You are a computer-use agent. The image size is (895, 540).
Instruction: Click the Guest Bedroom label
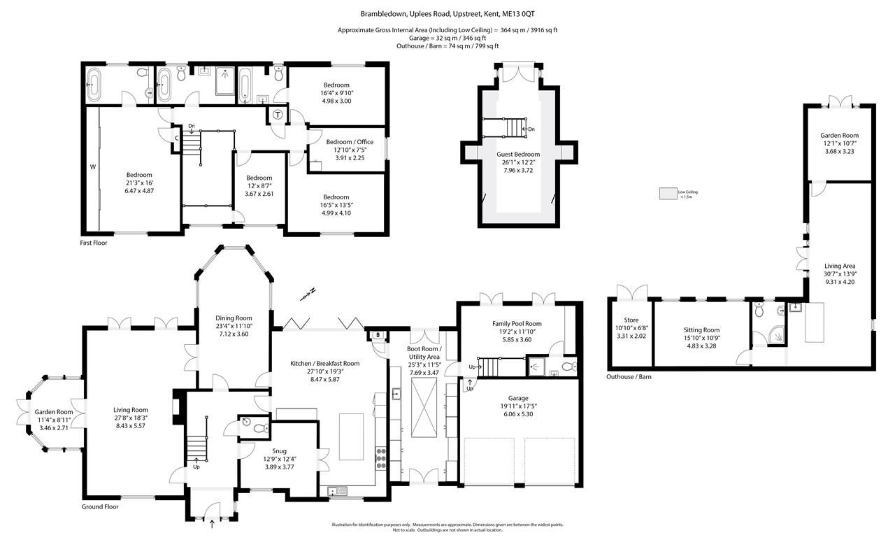[518, 154]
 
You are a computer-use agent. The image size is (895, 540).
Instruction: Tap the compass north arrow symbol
[308, 294]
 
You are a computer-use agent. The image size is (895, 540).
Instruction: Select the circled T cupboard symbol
[278, 115]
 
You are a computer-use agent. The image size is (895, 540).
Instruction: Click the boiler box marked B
[378, 334]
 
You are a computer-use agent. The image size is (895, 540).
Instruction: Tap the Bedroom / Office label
[350, 141]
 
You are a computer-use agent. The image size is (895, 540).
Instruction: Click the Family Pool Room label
[517, 323]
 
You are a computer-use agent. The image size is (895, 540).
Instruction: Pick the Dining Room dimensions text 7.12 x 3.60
[234, 334]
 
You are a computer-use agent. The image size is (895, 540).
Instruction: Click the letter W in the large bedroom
[92, 167]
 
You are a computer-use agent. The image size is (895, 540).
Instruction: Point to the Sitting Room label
[701, 329]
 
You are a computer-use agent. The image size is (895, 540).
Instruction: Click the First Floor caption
[94, 243]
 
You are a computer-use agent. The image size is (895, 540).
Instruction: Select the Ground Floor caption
[101, 506]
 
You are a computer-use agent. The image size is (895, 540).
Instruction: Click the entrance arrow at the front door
[212, 520]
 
